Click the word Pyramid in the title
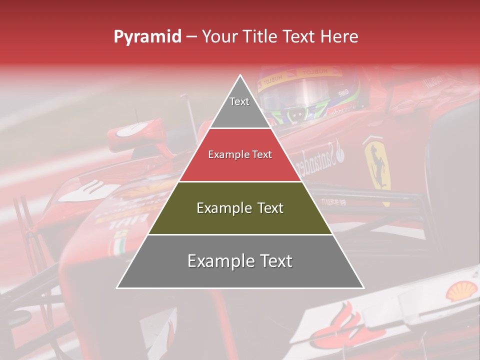[x=147, y=37]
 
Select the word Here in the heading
[x=339, y=36]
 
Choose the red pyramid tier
[x=240, y=155]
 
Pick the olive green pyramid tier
[x=240, y=208]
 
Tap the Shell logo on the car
[x=461, y=290]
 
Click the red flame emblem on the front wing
[x=345, y=325]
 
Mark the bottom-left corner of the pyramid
[x=117, y=288]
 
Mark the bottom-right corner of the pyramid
[x=363, y=288]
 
